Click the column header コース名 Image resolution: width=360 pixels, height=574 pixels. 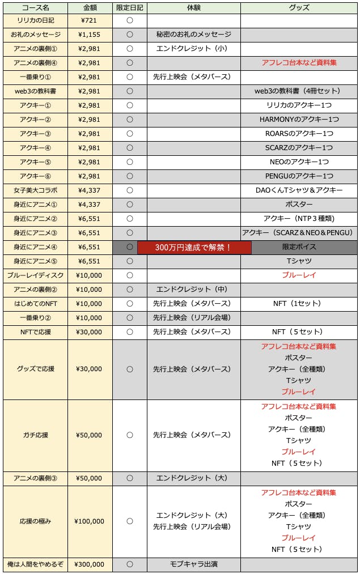click(35, 8)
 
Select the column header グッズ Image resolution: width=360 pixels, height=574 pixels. click(299, 8)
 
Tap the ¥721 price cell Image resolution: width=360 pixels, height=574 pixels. click(90, 20)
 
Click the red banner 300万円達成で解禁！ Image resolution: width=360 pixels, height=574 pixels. click(193, 247)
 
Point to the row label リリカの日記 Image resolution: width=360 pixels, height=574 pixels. click(35, 20)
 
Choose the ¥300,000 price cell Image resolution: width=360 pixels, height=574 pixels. click(90, 564)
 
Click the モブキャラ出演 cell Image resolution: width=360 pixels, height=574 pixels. click(193, 564)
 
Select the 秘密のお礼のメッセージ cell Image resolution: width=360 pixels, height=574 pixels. click(193, 35)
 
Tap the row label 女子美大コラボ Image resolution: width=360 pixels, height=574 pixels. click(35, 190)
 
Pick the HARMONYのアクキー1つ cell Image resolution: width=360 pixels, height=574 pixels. click(299, 120)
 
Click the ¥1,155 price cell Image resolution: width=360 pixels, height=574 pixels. click(90, 35)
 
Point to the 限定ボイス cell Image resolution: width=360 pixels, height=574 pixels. click(299, 247)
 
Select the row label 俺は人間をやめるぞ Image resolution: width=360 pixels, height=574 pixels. click(35, 564)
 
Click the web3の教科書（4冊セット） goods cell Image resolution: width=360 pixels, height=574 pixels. click(299, 91)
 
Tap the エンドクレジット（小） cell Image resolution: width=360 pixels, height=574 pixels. click(193, 49)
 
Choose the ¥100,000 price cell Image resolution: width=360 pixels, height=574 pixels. click(90, 521)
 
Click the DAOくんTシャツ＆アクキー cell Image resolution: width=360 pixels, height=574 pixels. click(299, 190)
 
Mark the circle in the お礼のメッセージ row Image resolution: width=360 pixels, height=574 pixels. click(129, 35)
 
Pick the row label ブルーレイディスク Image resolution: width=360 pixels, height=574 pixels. click(35, 275)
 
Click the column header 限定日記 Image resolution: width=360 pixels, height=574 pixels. click(129, 8)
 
